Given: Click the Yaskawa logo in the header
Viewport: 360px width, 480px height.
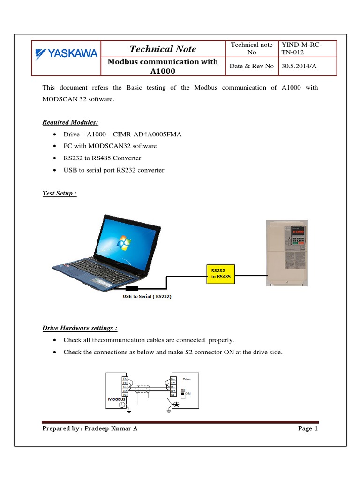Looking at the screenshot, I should coord(66,53).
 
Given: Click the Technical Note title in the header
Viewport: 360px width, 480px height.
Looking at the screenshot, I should coord(163,49).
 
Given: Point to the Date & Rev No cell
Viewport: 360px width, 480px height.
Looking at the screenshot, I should coord(251,66).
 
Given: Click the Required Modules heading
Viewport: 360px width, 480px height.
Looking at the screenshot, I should coord(70,122).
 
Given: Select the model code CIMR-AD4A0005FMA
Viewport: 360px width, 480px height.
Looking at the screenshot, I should coord(151,135).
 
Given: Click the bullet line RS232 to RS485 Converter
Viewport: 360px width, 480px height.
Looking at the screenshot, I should coord(102,158).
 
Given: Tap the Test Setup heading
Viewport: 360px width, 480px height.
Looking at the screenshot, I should coord(60,193).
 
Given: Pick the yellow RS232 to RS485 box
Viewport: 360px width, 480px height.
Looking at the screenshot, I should coord(221,274).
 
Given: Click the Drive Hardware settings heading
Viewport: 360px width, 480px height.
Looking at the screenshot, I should coord(80,328).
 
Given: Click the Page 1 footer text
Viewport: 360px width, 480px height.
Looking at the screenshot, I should coord(308,428).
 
